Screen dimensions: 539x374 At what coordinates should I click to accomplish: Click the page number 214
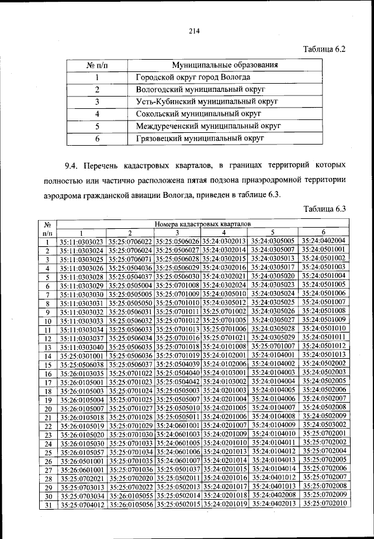click(x=194, y=32)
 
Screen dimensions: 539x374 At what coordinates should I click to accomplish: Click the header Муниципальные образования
click(x=224, y=65)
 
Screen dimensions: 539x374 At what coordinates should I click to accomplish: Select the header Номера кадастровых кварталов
click(x=203, y=224)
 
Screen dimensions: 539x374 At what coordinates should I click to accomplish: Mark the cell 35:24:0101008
click(x=226, y=346)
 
